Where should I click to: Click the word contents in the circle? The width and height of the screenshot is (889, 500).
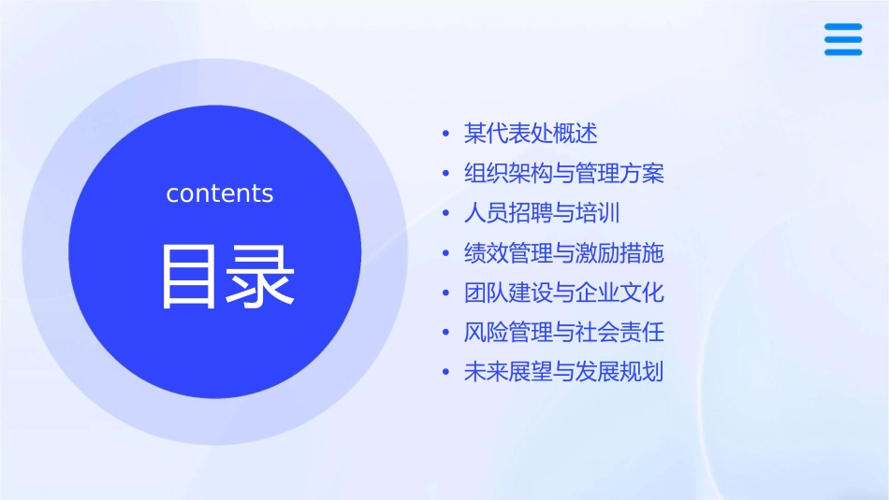click(220, 193)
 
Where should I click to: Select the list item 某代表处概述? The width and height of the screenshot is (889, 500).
click(531, 134)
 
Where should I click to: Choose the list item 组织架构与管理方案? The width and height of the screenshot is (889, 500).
click(563, 174)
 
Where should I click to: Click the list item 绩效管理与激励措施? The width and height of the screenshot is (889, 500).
click(563, 252)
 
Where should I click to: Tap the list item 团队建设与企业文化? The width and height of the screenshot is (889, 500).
click(563, 293)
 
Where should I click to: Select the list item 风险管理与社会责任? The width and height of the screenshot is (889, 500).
click(563, 332)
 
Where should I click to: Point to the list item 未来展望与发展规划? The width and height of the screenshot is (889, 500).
click(563, 372)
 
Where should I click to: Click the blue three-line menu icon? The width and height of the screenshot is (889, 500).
click(843, 39)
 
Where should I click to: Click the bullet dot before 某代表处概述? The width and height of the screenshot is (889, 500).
click(446, 135)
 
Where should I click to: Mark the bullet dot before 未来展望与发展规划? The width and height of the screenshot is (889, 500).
click(446, 373)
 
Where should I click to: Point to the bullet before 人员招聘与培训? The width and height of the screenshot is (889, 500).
click(446, 214)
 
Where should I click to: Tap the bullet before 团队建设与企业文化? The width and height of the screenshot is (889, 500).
click(446, 293)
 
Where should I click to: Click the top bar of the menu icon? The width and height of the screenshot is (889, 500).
click(843, 27)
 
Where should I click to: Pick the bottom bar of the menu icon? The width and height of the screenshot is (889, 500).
click(843, 52)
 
